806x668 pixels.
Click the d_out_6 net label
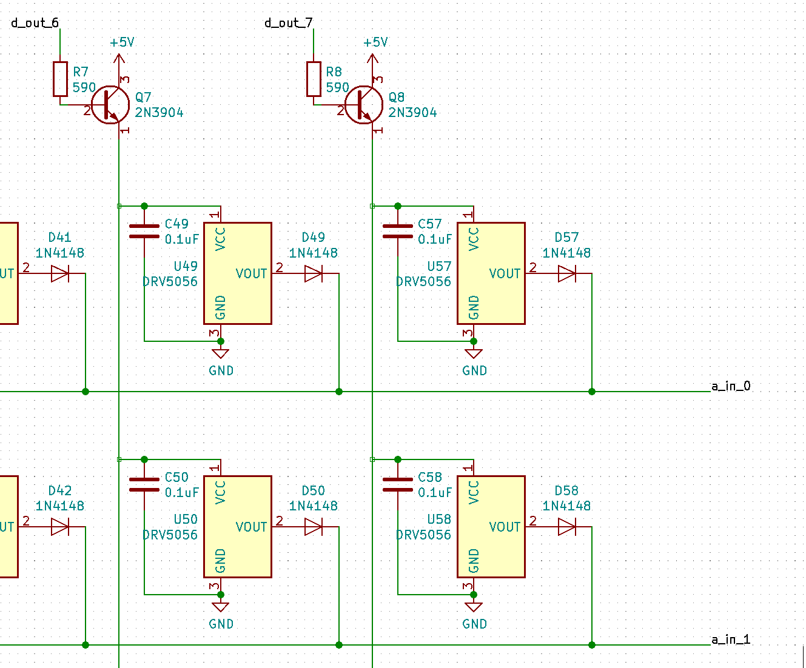point(35,23)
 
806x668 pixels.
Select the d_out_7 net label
point(289,23)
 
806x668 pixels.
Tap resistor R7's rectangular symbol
point(60,79)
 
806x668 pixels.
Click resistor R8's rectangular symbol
point(314,79)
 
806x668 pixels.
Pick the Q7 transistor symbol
point(110,105)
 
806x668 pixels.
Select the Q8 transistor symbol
point(364,105)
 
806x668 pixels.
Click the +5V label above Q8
point(375,42)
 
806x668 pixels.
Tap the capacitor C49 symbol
point(144,231)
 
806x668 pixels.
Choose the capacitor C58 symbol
point(398,484)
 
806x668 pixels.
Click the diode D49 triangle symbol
point(314,274)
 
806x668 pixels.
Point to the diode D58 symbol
point(566,527)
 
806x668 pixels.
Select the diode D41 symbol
point(60,274)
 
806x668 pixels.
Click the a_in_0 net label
point(731,386)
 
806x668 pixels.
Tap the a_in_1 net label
point(731,640)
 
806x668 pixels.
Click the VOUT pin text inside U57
point(505,274)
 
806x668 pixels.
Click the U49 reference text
point(186,266)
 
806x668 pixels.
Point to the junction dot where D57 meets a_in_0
point(592,392)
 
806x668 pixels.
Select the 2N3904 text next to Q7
point(159,112)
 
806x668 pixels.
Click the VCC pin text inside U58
point(474,492)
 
